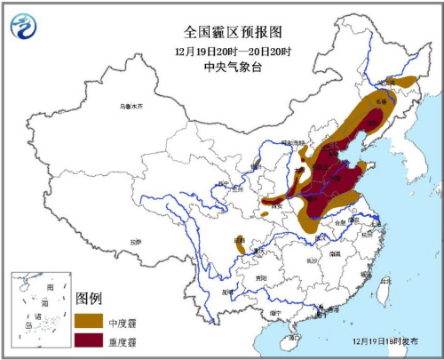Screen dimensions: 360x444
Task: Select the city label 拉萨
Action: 135,241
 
